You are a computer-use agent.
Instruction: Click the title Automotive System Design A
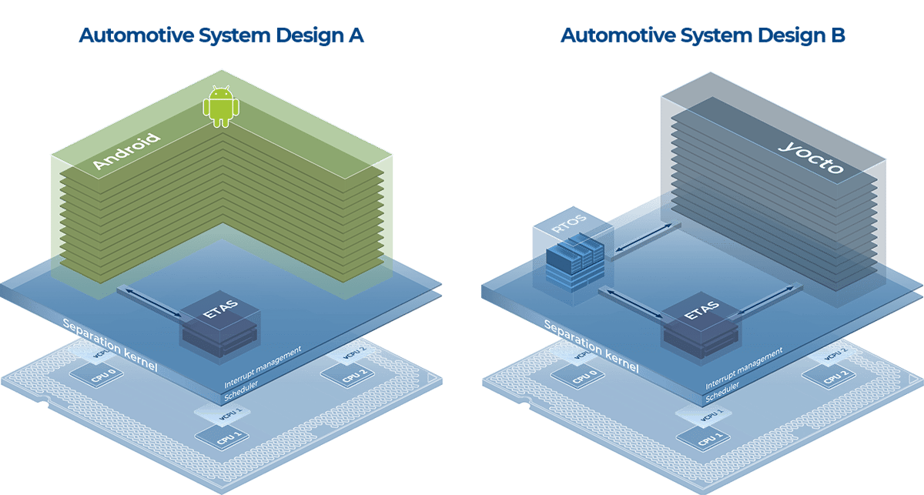pos(221,35)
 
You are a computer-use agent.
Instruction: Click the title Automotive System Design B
pos(702,35)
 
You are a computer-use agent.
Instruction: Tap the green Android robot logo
pos(220,106)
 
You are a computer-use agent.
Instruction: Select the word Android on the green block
pos(126,152)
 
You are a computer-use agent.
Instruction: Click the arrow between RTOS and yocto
pos(642,237)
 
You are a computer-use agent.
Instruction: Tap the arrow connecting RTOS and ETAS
pos(631,302)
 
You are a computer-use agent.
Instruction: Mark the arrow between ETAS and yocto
pos(767,300)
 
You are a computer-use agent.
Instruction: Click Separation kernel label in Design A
pos(110,344)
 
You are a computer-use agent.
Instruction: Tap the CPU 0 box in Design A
pos(97,376)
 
